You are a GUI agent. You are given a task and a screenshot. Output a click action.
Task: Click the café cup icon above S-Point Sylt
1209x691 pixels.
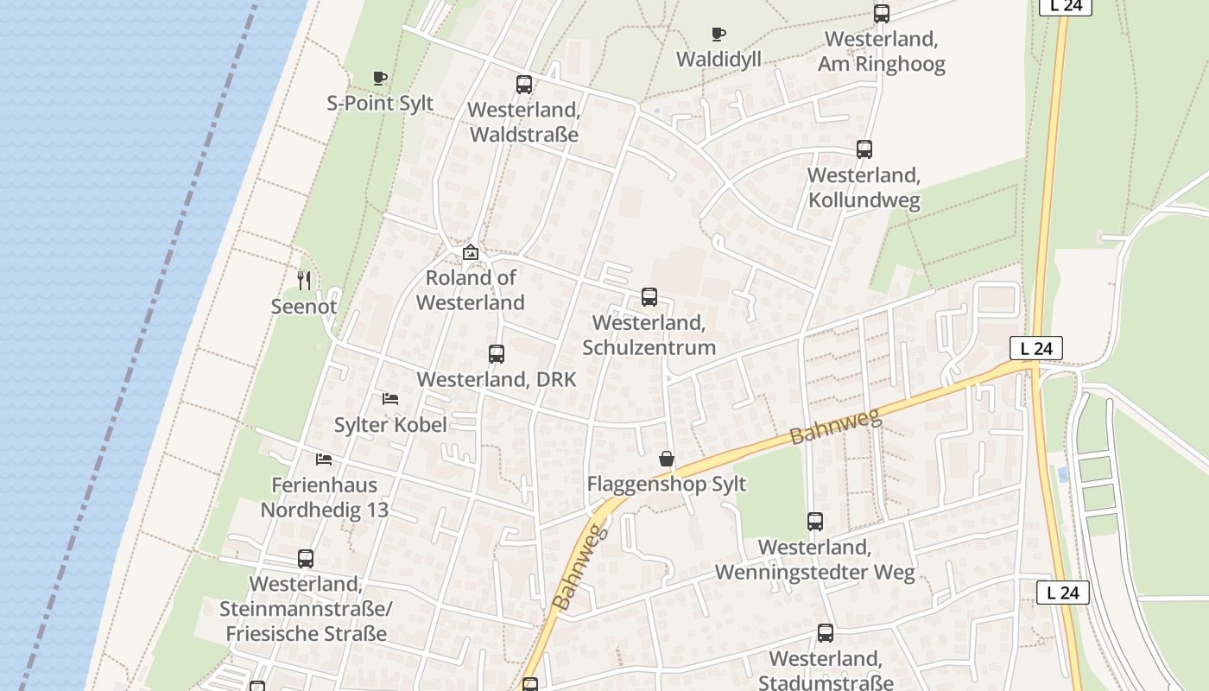point(379,79)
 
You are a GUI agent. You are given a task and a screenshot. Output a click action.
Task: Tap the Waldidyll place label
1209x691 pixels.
point(718,59)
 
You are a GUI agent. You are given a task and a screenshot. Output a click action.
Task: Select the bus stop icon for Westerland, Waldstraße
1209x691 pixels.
point(524,85)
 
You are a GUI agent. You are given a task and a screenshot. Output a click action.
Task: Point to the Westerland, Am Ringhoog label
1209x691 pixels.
point(881,52)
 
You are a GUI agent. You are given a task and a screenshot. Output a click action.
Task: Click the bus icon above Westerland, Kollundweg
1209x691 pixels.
point(864,149)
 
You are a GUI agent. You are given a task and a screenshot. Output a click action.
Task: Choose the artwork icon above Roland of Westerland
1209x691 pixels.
point(471,253)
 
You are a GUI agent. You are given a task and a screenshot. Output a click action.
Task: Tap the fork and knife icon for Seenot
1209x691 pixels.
point(304,281)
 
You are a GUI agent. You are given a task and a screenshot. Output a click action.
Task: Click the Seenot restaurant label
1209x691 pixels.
point(304,307)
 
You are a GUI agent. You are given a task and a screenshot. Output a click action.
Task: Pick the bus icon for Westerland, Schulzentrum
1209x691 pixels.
point(649,297)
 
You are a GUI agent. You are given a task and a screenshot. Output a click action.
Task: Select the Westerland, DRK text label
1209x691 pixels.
point(496,380)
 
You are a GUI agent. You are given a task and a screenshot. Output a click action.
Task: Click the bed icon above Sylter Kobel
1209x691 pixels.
point(390,399)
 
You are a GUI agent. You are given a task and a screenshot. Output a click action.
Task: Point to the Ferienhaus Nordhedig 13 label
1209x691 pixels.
point(325,498)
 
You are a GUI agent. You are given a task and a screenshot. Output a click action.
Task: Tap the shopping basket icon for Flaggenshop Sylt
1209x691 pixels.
point(666,459)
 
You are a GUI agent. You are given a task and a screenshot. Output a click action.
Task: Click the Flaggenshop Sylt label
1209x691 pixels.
point(666,484)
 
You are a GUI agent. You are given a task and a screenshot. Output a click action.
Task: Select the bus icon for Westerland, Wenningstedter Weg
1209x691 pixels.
point(815,522)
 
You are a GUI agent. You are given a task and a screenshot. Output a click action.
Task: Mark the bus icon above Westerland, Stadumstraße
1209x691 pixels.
point(826,633)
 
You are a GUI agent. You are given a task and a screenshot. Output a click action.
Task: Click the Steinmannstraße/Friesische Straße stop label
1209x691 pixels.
point(306,609)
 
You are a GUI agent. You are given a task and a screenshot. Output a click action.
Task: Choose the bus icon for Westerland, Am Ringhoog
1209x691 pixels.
point(881,14)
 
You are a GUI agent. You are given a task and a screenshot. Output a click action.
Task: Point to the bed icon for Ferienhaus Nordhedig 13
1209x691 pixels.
point(324,460)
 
